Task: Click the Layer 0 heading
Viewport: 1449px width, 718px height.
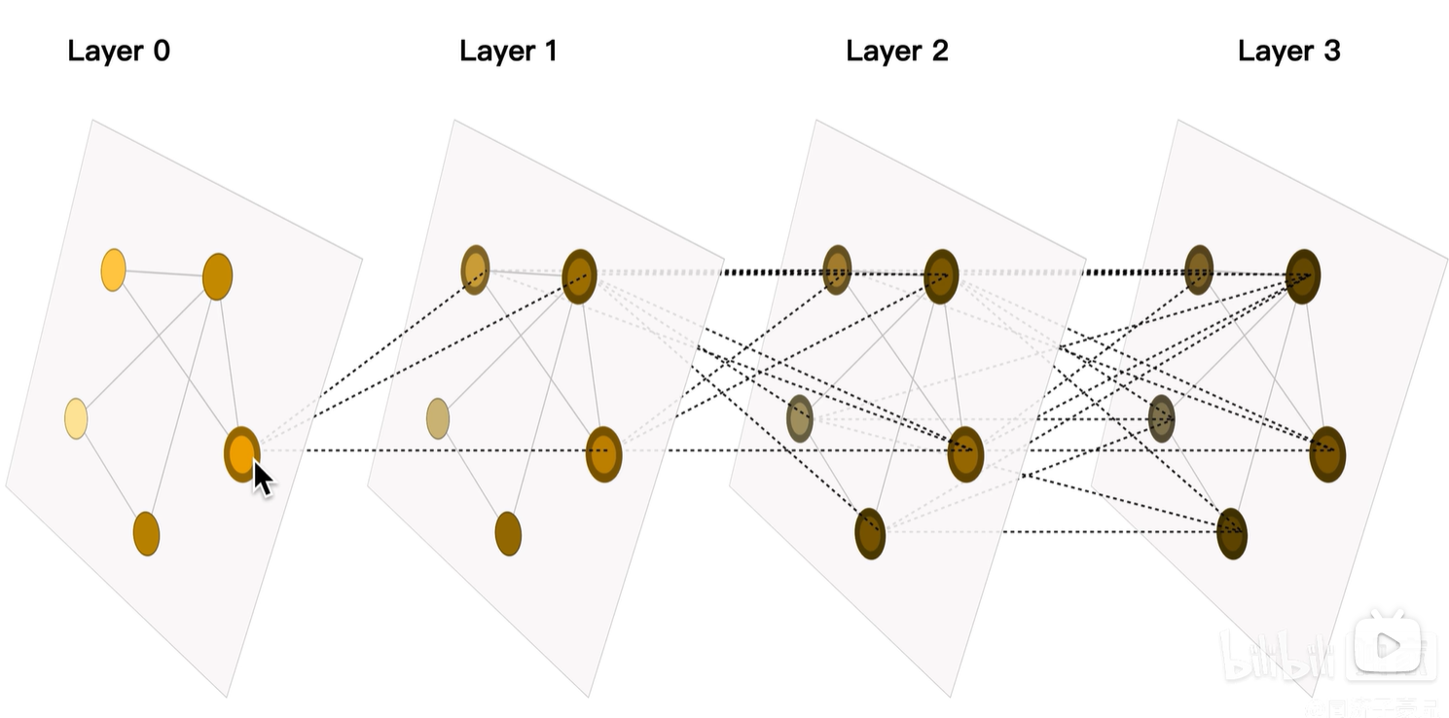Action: pos(119,52)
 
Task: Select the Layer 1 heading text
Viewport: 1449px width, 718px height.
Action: pos(508,52)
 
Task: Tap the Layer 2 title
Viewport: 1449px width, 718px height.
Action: pos(896,52)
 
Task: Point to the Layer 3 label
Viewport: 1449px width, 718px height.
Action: pos(1288,52)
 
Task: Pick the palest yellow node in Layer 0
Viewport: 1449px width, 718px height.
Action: pos(76,418)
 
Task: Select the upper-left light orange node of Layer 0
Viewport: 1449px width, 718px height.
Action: pos(113,269)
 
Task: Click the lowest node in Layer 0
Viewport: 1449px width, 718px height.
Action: pos(146,533)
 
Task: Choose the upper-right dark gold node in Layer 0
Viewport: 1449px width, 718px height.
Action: pos(217,276)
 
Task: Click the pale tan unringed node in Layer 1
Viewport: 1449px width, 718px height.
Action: pos(438,418)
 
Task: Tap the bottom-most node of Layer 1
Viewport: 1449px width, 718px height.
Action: pos(508,533)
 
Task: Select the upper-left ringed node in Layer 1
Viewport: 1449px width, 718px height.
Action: pos(475,269)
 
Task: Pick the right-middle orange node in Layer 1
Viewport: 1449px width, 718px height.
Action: pos(603,453)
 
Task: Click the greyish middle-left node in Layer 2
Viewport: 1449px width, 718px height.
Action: pos(800,418)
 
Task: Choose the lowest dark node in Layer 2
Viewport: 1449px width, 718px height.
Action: pos(870,533)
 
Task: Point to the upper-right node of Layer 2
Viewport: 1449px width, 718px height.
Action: pos(941,276)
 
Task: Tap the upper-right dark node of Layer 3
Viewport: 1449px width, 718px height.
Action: pos(1303,276)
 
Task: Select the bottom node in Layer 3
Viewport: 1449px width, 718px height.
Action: pos(1232,533)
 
